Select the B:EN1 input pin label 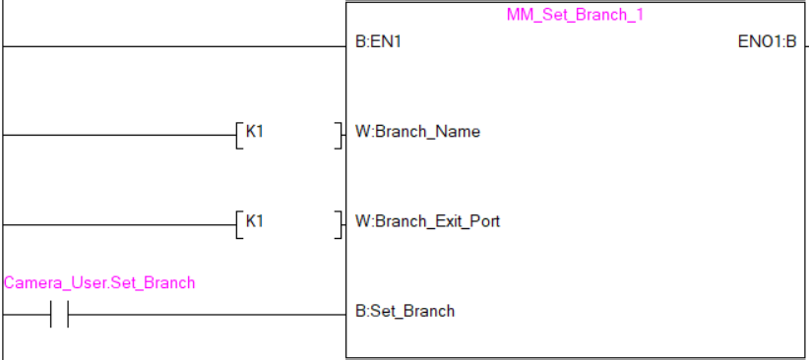(378, 43)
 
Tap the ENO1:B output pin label (767, 43)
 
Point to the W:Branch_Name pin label (417, 131)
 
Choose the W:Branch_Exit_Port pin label (427, 221)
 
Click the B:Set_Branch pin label (404, 311)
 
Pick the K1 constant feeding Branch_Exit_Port (255, 221)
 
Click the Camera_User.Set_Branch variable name (99, 283)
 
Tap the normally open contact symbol (59, 315)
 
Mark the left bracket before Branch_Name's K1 (239, 133)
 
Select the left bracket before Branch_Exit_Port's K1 (239, 223)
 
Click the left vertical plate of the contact (51, 315)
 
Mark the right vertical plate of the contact (67, 315)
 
